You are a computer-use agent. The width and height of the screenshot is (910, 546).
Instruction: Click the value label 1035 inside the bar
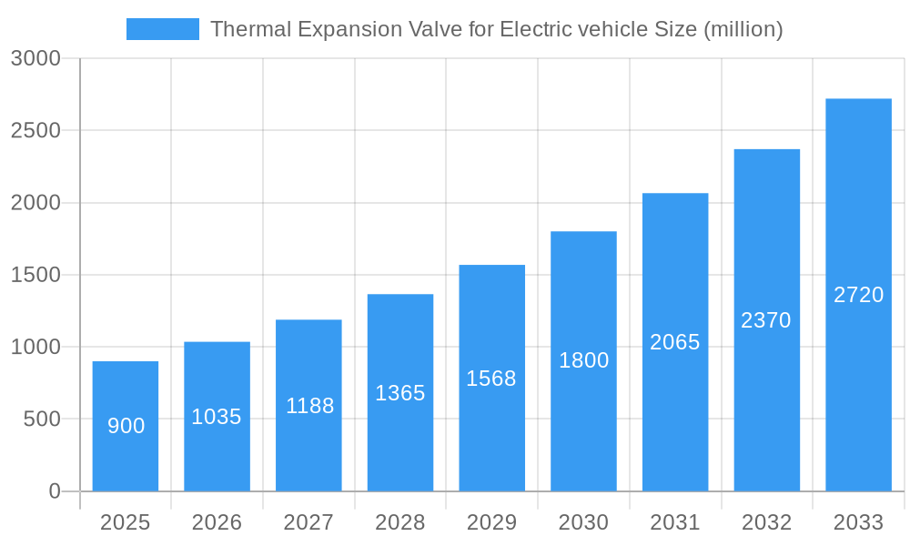(x=217, y=417)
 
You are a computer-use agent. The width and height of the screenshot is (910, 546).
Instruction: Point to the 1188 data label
(x=309, y=406)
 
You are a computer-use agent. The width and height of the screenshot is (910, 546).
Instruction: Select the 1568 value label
(x=491, y=379)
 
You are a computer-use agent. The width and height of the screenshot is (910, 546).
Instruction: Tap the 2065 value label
(x=675, y=342)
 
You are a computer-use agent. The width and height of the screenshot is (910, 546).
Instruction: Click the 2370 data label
(x=766, y=320)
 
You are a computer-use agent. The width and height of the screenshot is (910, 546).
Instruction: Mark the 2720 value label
(x=858, y=295)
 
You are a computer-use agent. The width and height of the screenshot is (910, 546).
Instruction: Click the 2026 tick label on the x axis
(x=217, y=522)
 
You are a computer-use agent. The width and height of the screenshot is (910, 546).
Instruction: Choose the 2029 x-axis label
(x=491, y=522)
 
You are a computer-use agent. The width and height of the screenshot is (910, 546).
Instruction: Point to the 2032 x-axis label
(x=766, y=522)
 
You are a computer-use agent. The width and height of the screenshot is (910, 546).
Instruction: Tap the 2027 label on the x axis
(x=308, y=522)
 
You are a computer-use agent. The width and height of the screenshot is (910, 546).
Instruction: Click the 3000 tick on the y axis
(x=35, y=58)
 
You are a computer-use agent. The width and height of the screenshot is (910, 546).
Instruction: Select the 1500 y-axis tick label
(x=35, y=275)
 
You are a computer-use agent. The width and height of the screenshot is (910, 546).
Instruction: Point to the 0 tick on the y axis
(x=54, y=491)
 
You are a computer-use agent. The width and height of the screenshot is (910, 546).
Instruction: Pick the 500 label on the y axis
(x=42, y=420)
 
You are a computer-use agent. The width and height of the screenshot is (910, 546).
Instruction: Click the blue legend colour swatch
(x=162, y=29)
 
